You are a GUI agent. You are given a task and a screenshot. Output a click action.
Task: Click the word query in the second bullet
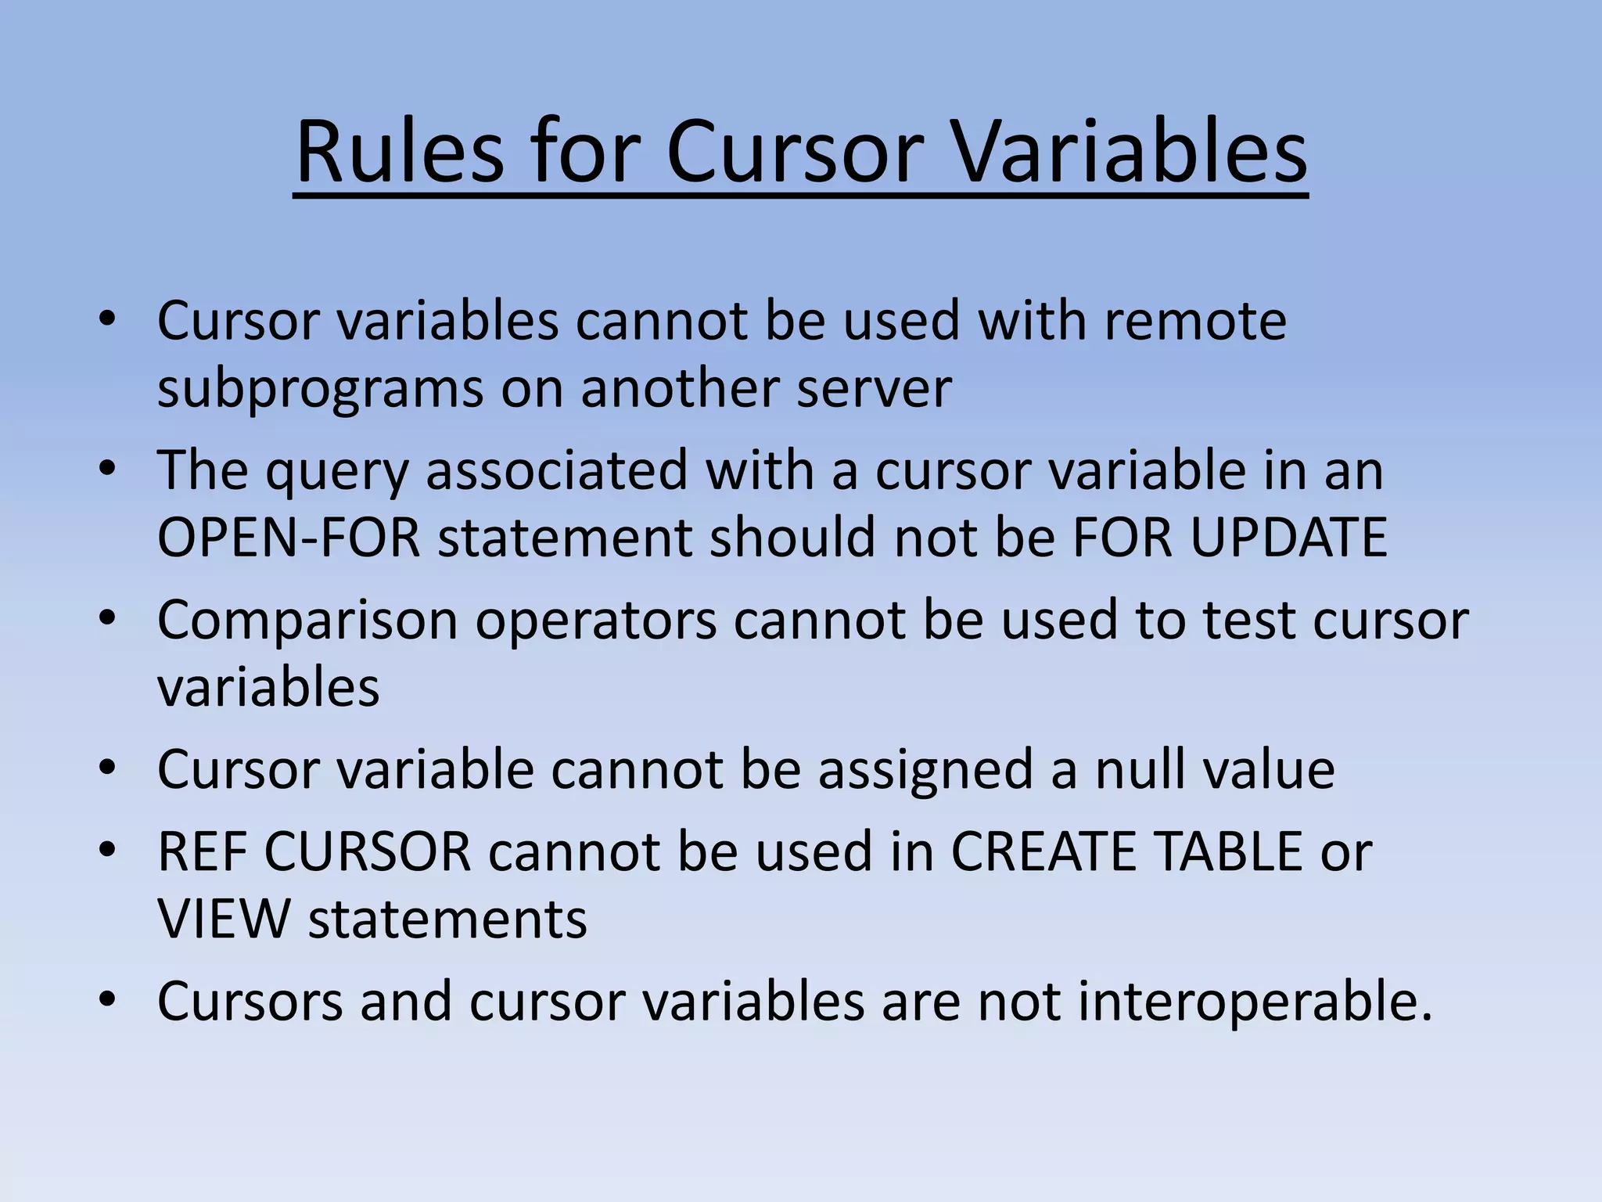tap(336, 471)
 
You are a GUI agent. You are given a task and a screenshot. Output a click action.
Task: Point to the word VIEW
tap(224, 919)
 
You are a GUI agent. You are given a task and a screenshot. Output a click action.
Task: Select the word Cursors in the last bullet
tap(250, 1001)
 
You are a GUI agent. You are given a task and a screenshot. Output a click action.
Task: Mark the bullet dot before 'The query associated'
tap(108, 470)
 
